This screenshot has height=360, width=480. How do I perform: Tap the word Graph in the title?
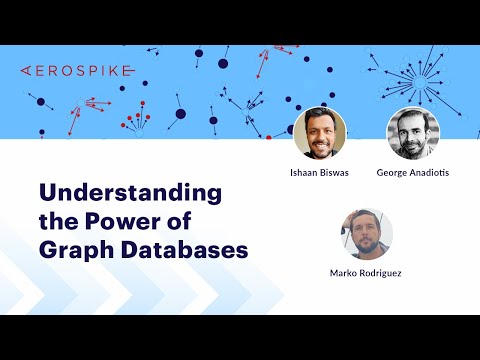(76, 249)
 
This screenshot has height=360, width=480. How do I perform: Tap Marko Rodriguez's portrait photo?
(366, 233)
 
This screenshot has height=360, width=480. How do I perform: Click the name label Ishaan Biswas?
(320, 173)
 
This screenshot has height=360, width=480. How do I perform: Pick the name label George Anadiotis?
(413, 173)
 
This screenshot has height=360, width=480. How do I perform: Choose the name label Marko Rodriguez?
(366, 273)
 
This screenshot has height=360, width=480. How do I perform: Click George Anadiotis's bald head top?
(414, 114)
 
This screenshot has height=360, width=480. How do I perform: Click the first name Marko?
(343, 273)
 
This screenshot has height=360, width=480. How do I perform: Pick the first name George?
(393, 173)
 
